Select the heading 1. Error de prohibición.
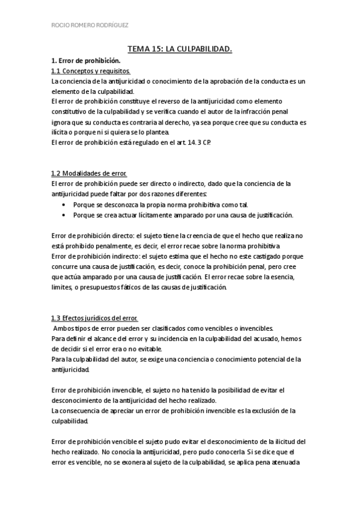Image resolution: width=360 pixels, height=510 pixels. pos(86,61)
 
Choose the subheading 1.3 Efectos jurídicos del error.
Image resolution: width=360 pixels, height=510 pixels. pos(95,318)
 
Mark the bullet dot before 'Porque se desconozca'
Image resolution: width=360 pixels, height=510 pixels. pos(64,204)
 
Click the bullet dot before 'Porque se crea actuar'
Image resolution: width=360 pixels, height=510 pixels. pos(64,214)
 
